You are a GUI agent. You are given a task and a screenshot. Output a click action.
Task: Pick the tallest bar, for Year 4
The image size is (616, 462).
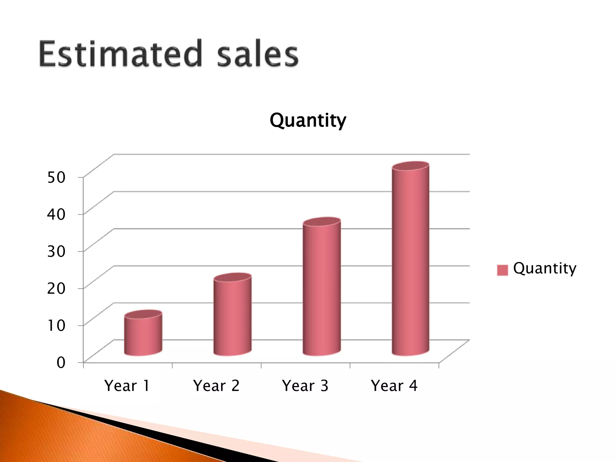pyautogui.click(x=411, y=262)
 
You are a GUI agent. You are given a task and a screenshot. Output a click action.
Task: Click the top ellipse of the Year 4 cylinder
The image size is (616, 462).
pyautogui.click(x=411, y=166)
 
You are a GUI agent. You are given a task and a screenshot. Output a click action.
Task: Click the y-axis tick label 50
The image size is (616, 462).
pyautogui.click(x=56, y=177)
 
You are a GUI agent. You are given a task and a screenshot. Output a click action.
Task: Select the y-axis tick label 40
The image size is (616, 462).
pyautogui.click(x=56, y=214)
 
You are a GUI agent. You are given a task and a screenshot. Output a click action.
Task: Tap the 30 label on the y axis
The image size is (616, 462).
pyautogui.click(x=56, y=251)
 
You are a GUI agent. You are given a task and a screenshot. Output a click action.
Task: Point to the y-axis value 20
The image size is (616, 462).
pyautogui.click(x=56, y=288)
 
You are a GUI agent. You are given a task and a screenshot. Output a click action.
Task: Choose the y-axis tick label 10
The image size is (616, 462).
pyautogui.click(x=56, y=325)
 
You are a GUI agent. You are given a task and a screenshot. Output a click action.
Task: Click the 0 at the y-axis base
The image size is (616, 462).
pyautogui.click(x=61, y=362)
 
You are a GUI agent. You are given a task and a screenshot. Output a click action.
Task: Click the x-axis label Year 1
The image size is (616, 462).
pyautogui.click(x=127, y=386)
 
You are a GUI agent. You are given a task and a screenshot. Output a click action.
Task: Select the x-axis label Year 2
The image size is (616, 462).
pyautogui.click(x=216, y=386)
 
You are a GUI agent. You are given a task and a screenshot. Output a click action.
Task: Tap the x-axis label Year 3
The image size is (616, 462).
pyautogui.click(x=305, y=386)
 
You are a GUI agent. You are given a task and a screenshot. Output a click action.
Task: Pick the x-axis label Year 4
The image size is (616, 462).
pyautogui.click(x=394, y=386)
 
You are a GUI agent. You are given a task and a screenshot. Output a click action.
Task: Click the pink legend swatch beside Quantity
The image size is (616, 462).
pyautogui.click(x=502, y=270)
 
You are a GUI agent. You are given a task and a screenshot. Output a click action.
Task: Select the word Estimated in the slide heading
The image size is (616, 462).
pyautogui.click(x=120, y=54)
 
